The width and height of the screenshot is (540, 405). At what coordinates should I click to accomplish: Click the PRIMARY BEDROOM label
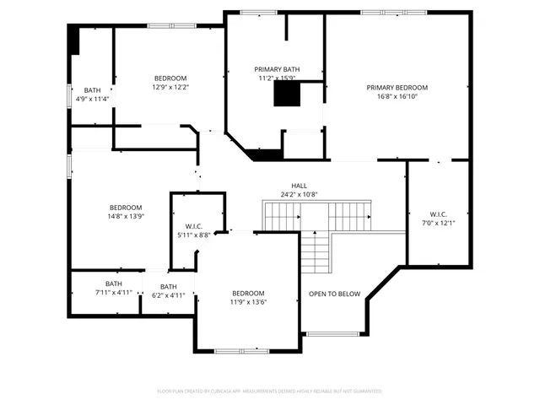point(397,88)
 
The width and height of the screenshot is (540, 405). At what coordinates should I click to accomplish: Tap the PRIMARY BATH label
point(277,69)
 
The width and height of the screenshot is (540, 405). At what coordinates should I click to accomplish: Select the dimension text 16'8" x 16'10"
point(397,96)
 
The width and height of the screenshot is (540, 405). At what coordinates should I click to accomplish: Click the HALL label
point(300,186)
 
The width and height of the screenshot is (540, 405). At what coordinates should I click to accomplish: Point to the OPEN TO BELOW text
point(334,294)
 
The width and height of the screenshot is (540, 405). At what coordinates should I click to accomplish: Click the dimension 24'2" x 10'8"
point(300,195)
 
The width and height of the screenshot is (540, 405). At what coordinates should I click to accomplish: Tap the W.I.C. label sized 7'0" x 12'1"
point(437,213)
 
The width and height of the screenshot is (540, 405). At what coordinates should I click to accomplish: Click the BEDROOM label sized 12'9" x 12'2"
point(170,78)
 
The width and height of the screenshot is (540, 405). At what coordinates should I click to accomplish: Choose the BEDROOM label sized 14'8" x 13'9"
point(126,207)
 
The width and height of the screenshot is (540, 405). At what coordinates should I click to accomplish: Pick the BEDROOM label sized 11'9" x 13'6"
point(248,293)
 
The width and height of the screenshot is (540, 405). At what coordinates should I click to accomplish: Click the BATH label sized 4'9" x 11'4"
point(92,89)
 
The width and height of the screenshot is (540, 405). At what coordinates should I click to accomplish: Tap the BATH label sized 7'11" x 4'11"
point(113,283)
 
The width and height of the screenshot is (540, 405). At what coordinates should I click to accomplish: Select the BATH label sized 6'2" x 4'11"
point(169,287)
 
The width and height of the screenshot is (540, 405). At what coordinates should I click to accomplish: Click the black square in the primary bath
point(286,95)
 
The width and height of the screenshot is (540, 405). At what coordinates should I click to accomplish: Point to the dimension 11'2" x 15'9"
point(277,78)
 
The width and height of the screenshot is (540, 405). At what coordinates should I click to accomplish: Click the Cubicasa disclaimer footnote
point(270,391)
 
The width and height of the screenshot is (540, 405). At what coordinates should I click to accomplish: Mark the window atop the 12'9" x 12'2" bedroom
point(171,25)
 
